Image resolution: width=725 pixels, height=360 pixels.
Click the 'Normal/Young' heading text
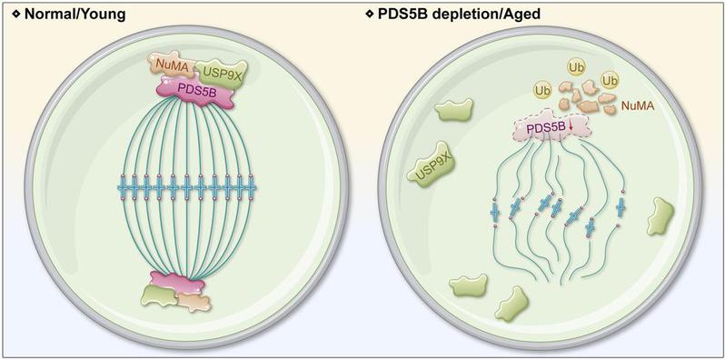click(x=74, y=15)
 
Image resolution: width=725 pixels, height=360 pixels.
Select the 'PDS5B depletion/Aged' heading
click(x=459, y=15)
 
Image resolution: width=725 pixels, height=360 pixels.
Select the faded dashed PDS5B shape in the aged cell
click(x=551, y=125)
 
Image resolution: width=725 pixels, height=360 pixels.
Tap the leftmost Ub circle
click(x=543, y=90)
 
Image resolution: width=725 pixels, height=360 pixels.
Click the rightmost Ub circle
click(x=610, y=81)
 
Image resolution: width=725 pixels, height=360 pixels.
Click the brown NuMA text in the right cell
click(x=637, y=105)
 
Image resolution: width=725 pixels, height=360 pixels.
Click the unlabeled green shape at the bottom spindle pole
click(x=159, y=295)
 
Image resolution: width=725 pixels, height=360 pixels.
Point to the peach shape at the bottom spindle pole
click(x=194, y=302)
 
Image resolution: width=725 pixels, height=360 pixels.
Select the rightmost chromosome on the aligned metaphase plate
click(x=251, y=187)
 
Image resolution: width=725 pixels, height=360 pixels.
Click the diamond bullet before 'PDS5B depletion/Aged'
click(x=369, y=15)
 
